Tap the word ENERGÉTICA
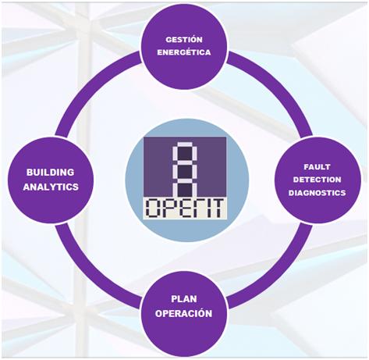[185, 52]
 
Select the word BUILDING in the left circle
[49, 172]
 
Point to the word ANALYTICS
[49, 187]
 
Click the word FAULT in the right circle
[321, 168]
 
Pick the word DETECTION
[321, 180]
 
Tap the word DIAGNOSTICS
[321, 193]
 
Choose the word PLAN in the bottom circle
[185, 298]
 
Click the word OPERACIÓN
[185, 312]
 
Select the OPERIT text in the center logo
[185, 208]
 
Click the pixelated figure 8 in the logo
[185, 167]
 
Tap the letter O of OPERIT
[152, 208]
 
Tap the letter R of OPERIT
[192, 208]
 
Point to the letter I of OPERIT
[205, 208]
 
